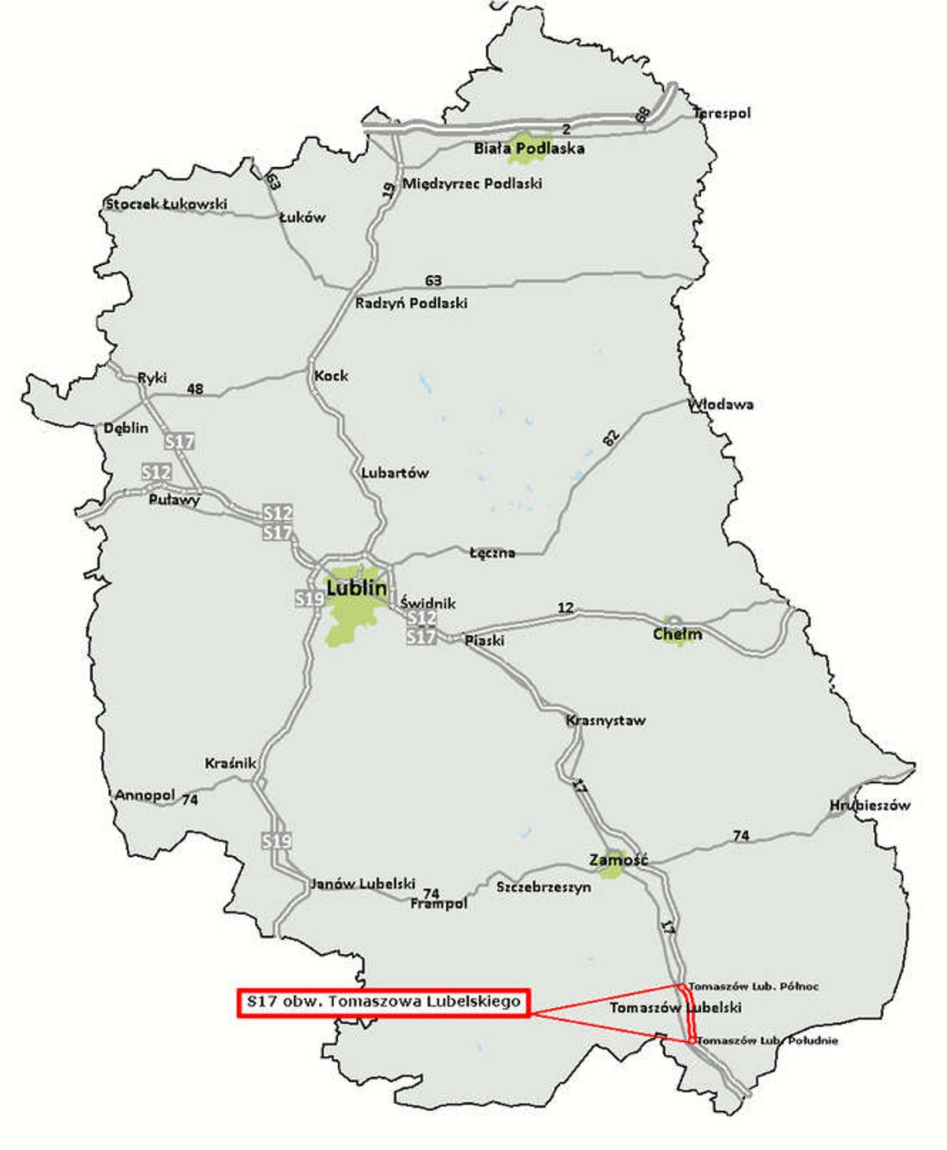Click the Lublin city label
click(356, 588)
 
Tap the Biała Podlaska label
click(529, 149)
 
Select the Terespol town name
click(722, 113)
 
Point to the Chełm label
click(677, 634)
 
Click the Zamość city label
click(618, 860)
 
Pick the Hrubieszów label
click(869, 805)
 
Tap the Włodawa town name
click(720, 404)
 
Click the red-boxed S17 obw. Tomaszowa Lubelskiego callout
click(383, 1001)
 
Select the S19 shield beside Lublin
click(310, 598)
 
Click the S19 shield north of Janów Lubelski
click(277, 841)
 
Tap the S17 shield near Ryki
click(179, 442)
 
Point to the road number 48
click(195, 389)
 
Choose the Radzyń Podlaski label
click(411, 303)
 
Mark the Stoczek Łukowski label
click(166, 204)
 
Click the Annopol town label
click(145, 795)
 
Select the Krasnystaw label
click(606, 720)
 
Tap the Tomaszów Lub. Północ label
click(753, 986)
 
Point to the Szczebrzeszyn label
click(544, 887)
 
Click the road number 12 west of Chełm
click(566, 609)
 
